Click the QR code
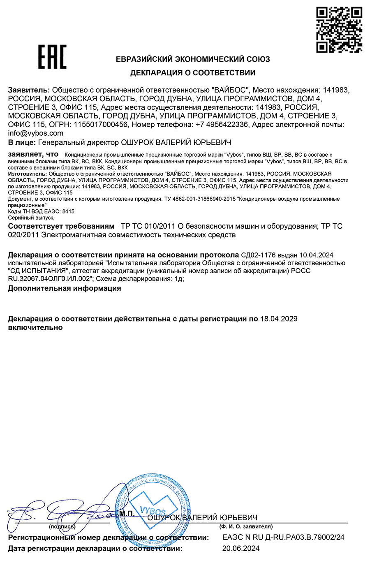339,30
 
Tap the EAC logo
52,57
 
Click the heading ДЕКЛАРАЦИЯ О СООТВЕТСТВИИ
193,73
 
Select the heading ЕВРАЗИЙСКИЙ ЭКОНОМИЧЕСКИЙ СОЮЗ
193,59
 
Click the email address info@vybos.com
36,133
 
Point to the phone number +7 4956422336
222,125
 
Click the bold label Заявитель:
29,90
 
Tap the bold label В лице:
22,143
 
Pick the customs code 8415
68,211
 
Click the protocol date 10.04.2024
316,255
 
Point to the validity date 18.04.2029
279,319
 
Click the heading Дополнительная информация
65,288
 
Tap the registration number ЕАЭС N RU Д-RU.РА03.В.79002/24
283,537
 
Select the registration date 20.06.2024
241,548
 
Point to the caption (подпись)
62,526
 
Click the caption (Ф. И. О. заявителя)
246,526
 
